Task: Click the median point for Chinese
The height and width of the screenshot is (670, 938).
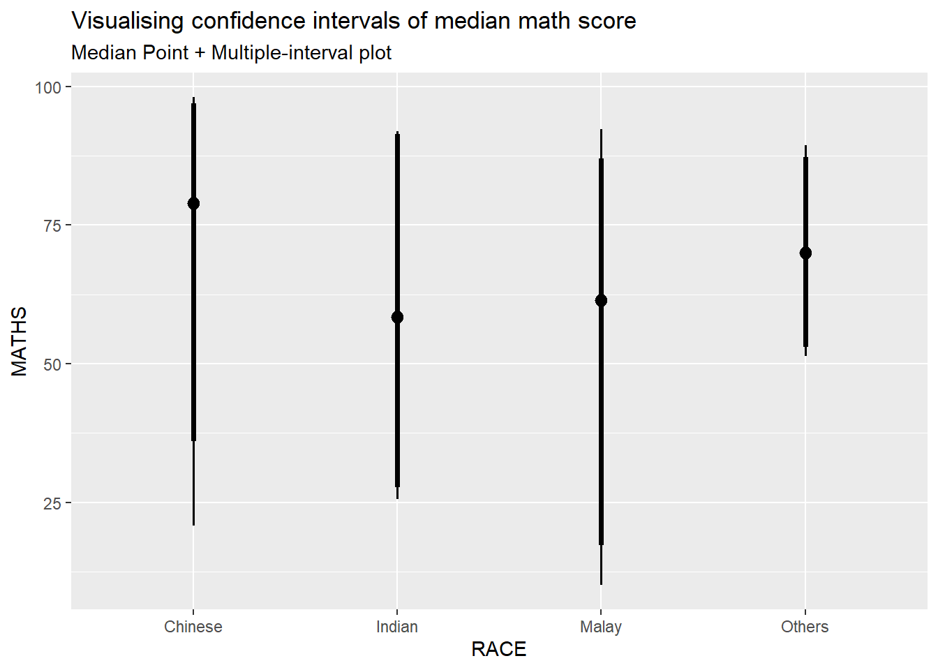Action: (x=193, y=203)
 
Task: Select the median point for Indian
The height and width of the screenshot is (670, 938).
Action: (x=397, y=318)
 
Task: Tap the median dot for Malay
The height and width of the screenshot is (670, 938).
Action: (x=601, y=301)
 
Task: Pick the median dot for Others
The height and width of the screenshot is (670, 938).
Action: (x=805, y=253)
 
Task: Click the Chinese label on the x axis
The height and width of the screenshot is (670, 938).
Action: (x=193, y=627)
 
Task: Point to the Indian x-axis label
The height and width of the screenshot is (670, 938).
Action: (x=397, y=627)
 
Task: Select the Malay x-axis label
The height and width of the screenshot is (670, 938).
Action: (x=601, y=627)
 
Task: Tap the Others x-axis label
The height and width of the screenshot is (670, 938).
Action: (x=805, y=627)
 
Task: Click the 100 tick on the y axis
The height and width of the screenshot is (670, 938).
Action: (x=48, y=87)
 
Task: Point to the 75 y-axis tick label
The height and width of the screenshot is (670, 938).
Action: (x=52, y=225)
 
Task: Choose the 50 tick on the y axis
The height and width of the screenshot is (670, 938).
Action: (x=52, y=364)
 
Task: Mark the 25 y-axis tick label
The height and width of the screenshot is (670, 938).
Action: (x=52, y=503)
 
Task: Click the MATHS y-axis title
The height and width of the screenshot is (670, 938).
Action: (x=20, y=341)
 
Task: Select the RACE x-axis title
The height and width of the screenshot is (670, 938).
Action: (x=498, y=649)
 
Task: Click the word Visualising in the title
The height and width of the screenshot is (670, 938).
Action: (x=128, y=21)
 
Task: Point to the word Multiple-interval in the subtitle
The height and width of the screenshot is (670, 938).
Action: (x=282, y=53)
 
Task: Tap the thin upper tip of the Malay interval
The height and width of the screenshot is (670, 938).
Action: (x=601, y=144)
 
